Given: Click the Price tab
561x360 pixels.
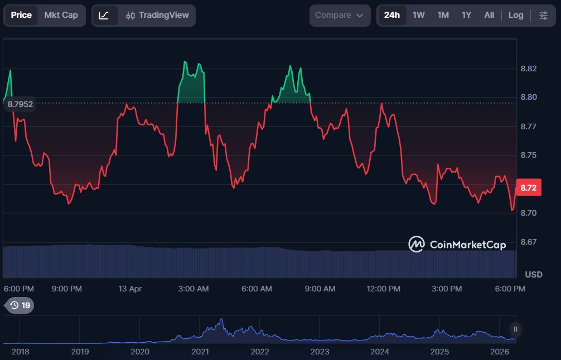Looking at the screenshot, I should point(21,15).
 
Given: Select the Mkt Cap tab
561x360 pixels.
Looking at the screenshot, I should point(61,15).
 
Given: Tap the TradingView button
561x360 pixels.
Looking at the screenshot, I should point(157,15).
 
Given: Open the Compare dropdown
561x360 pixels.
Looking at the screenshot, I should point(339,15).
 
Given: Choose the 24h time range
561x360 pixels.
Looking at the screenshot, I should point(391,15).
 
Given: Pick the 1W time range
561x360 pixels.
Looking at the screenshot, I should point(419,15).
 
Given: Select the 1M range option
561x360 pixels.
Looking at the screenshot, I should point(443,15).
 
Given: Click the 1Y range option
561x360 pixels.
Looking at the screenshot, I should point(467,15).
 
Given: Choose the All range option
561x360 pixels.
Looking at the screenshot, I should point(489,15).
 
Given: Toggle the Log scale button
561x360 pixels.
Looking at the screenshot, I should point(516,15).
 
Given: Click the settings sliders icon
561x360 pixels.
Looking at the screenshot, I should point(543,15).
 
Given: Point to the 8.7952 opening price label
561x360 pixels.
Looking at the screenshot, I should point(20,104).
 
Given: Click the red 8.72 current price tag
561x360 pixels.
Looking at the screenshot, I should point(528,188).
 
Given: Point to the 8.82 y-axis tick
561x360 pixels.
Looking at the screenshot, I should point(528,69).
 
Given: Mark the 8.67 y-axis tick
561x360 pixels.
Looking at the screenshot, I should point(528,242).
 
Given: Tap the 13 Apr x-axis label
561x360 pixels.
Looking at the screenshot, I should point(130,289).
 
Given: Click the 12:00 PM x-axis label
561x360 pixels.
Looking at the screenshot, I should point(384,289).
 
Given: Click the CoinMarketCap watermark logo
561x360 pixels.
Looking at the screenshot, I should point(457,244).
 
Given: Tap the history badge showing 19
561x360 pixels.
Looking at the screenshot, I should point(20,305).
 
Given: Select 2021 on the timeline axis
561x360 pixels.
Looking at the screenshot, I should point(200,352).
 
